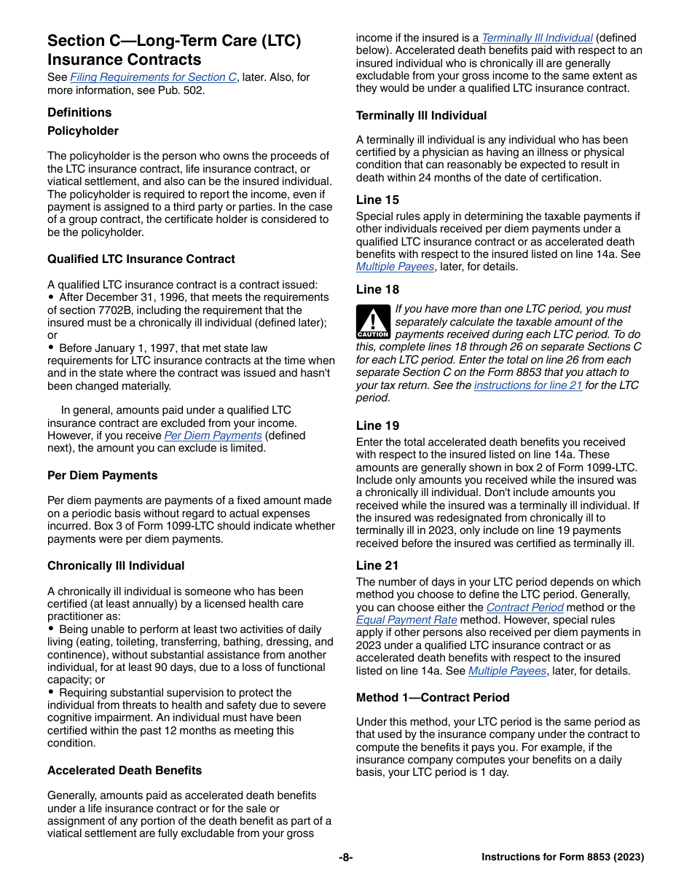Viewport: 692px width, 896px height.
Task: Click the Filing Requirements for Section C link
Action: click(153, 77)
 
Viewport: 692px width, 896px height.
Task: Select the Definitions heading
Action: click(79, 112)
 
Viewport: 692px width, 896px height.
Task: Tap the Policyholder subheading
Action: click(83, 131)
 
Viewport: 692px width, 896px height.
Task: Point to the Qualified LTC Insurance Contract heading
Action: click(141, 259)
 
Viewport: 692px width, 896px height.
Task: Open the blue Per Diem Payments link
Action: click(213, 436)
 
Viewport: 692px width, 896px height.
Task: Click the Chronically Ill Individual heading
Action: click(116, 566)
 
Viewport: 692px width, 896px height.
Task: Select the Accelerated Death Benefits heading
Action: click(125, 771)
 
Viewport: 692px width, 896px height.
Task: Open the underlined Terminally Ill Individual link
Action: click(538, 38)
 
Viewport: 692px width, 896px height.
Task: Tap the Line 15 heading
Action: click(377, 200)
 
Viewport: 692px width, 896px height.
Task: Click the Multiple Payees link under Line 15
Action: click(396, 267)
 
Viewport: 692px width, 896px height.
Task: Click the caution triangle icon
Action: click(373, 322)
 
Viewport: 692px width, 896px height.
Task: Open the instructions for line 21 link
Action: click(528, 385)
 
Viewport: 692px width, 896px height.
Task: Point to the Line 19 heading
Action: click(377, 426)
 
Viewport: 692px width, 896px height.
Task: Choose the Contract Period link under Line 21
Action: click(524, 608)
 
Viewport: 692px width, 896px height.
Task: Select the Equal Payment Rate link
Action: click(406, 620)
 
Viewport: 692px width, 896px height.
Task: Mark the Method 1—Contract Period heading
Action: click(433, 698)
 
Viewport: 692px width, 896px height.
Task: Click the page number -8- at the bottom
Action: click(346, 857)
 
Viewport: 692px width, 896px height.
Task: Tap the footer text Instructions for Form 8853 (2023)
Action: click(562, 857)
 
